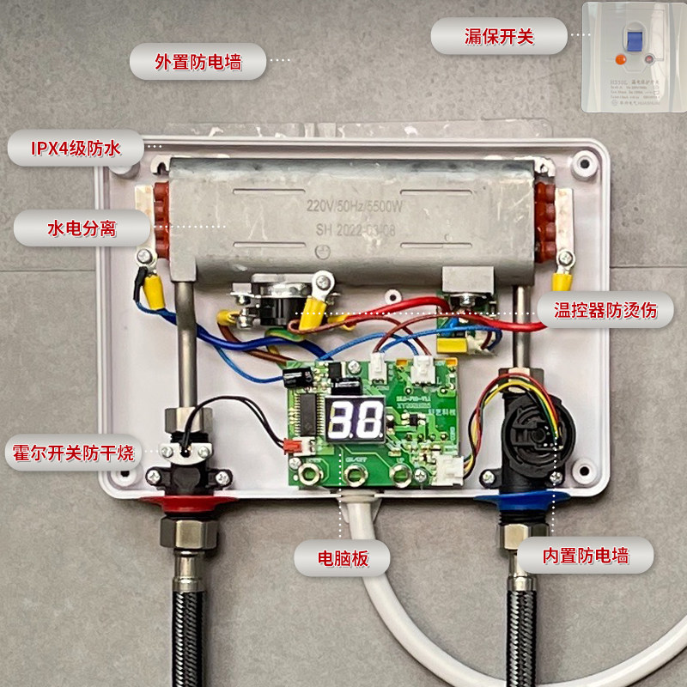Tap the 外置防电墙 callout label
[x=198, y=62]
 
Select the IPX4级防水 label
[x=76, y=149]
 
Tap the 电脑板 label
[x=343, y=558]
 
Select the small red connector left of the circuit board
[x=292, y=445]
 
